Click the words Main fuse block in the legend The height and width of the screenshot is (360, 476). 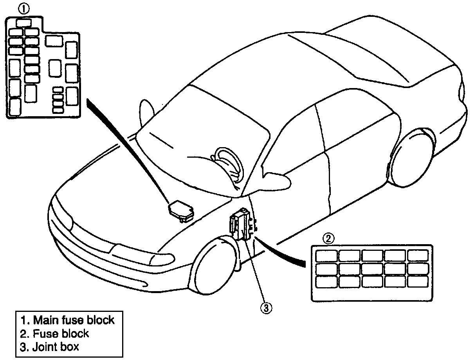pyautogui.click(x=74, y=320)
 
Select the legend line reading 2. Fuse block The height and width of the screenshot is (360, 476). pyautogui.click(x=55, y=333)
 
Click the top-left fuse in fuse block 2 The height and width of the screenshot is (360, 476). pyautogui.click(x=326, y=256)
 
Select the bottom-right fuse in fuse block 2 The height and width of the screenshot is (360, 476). pyautogui.click(x=418, y=281)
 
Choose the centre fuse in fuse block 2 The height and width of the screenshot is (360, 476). pyautogui.click(x=372, y=268)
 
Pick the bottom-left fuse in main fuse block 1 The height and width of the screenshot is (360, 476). pyautogui.click(x=15, y=106)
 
